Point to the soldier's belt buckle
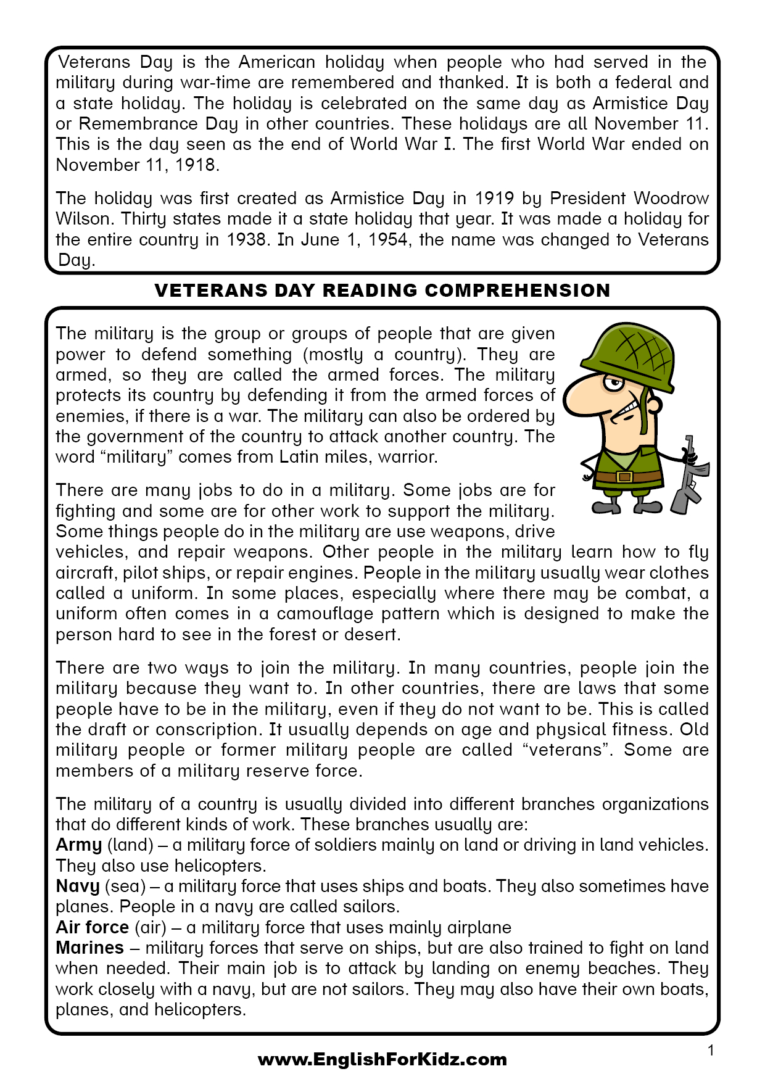(624, 476)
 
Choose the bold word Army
(78, 845)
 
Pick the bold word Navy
(77, 886)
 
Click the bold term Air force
(92, 928)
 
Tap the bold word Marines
(89, 948)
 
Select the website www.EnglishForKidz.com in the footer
(382, 1060)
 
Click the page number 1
(711, 1051)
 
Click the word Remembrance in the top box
(139, 124)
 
